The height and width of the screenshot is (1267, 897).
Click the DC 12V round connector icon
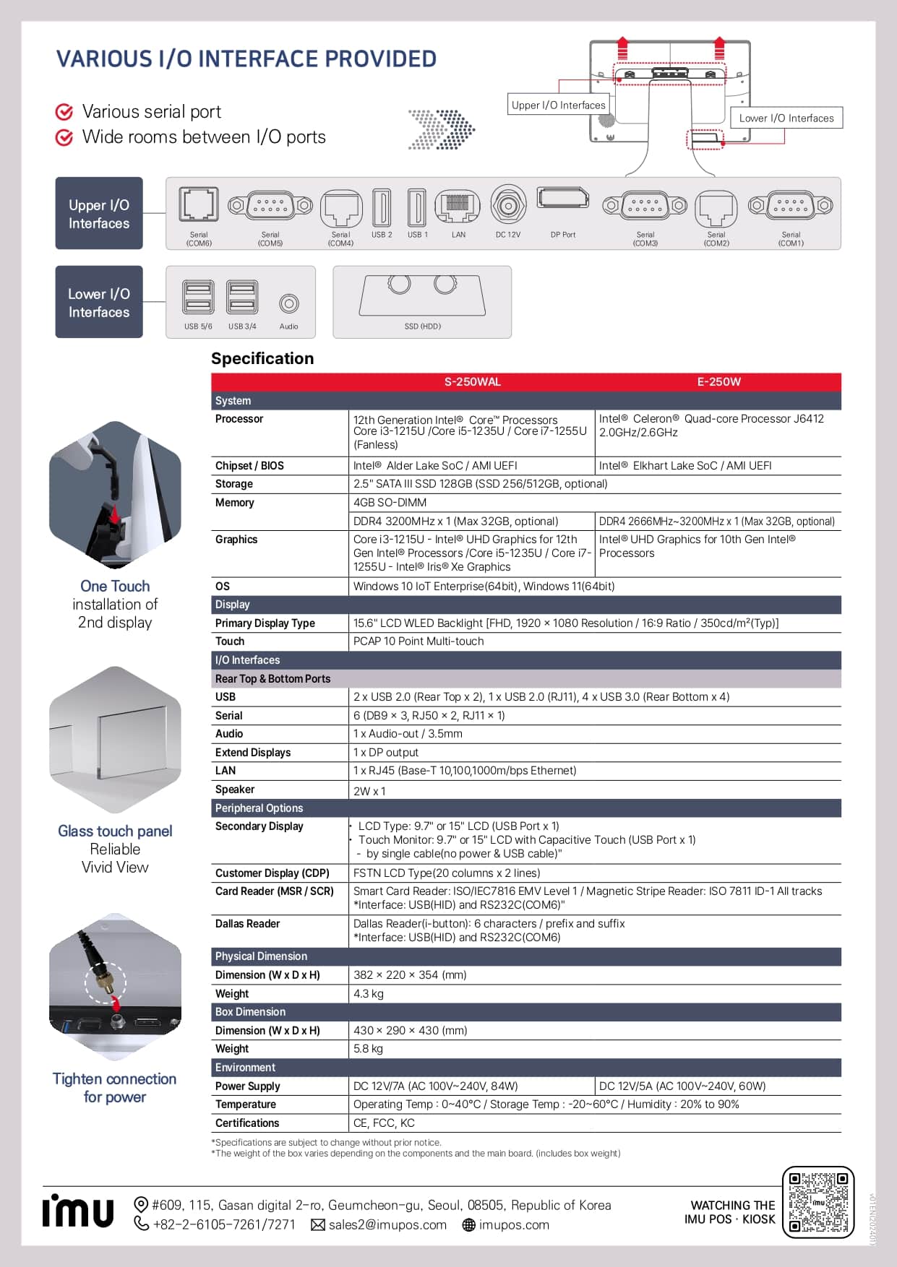click(508, 206)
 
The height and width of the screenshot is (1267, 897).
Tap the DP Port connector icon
click(563, 199)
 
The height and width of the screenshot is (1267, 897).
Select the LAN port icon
click(458, 206)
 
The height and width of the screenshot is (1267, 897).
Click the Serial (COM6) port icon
click(199, 204)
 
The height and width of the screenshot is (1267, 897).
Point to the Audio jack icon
click(288, 303)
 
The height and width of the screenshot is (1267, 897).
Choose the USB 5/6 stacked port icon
click(198, 297)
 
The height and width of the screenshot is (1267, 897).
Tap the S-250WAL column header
click(472, 382)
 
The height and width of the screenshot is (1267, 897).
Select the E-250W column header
click(718, 382)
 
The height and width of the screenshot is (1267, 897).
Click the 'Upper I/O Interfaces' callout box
click(558, 105)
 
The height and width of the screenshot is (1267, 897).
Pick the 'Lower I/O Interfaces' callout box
click(786, 118)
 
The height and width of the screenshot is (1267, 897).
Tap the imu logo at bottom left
click(78, 1211)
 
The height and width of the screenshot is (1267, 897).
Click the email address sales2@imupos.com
click(387, 1225)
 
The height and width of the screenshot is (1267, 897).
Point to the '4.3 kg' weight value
click(369, 993)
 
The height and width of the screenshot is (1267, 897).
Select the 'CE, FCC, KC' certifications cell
click(384, 1123)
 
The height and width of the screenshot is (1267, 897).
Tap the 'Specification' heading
click(262, 358)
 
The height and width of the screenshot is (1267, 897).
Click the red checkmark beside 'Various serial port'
click(64, 112)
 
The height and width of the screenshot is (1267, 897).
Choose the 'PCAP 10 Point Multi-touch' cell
click(419, 641)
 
